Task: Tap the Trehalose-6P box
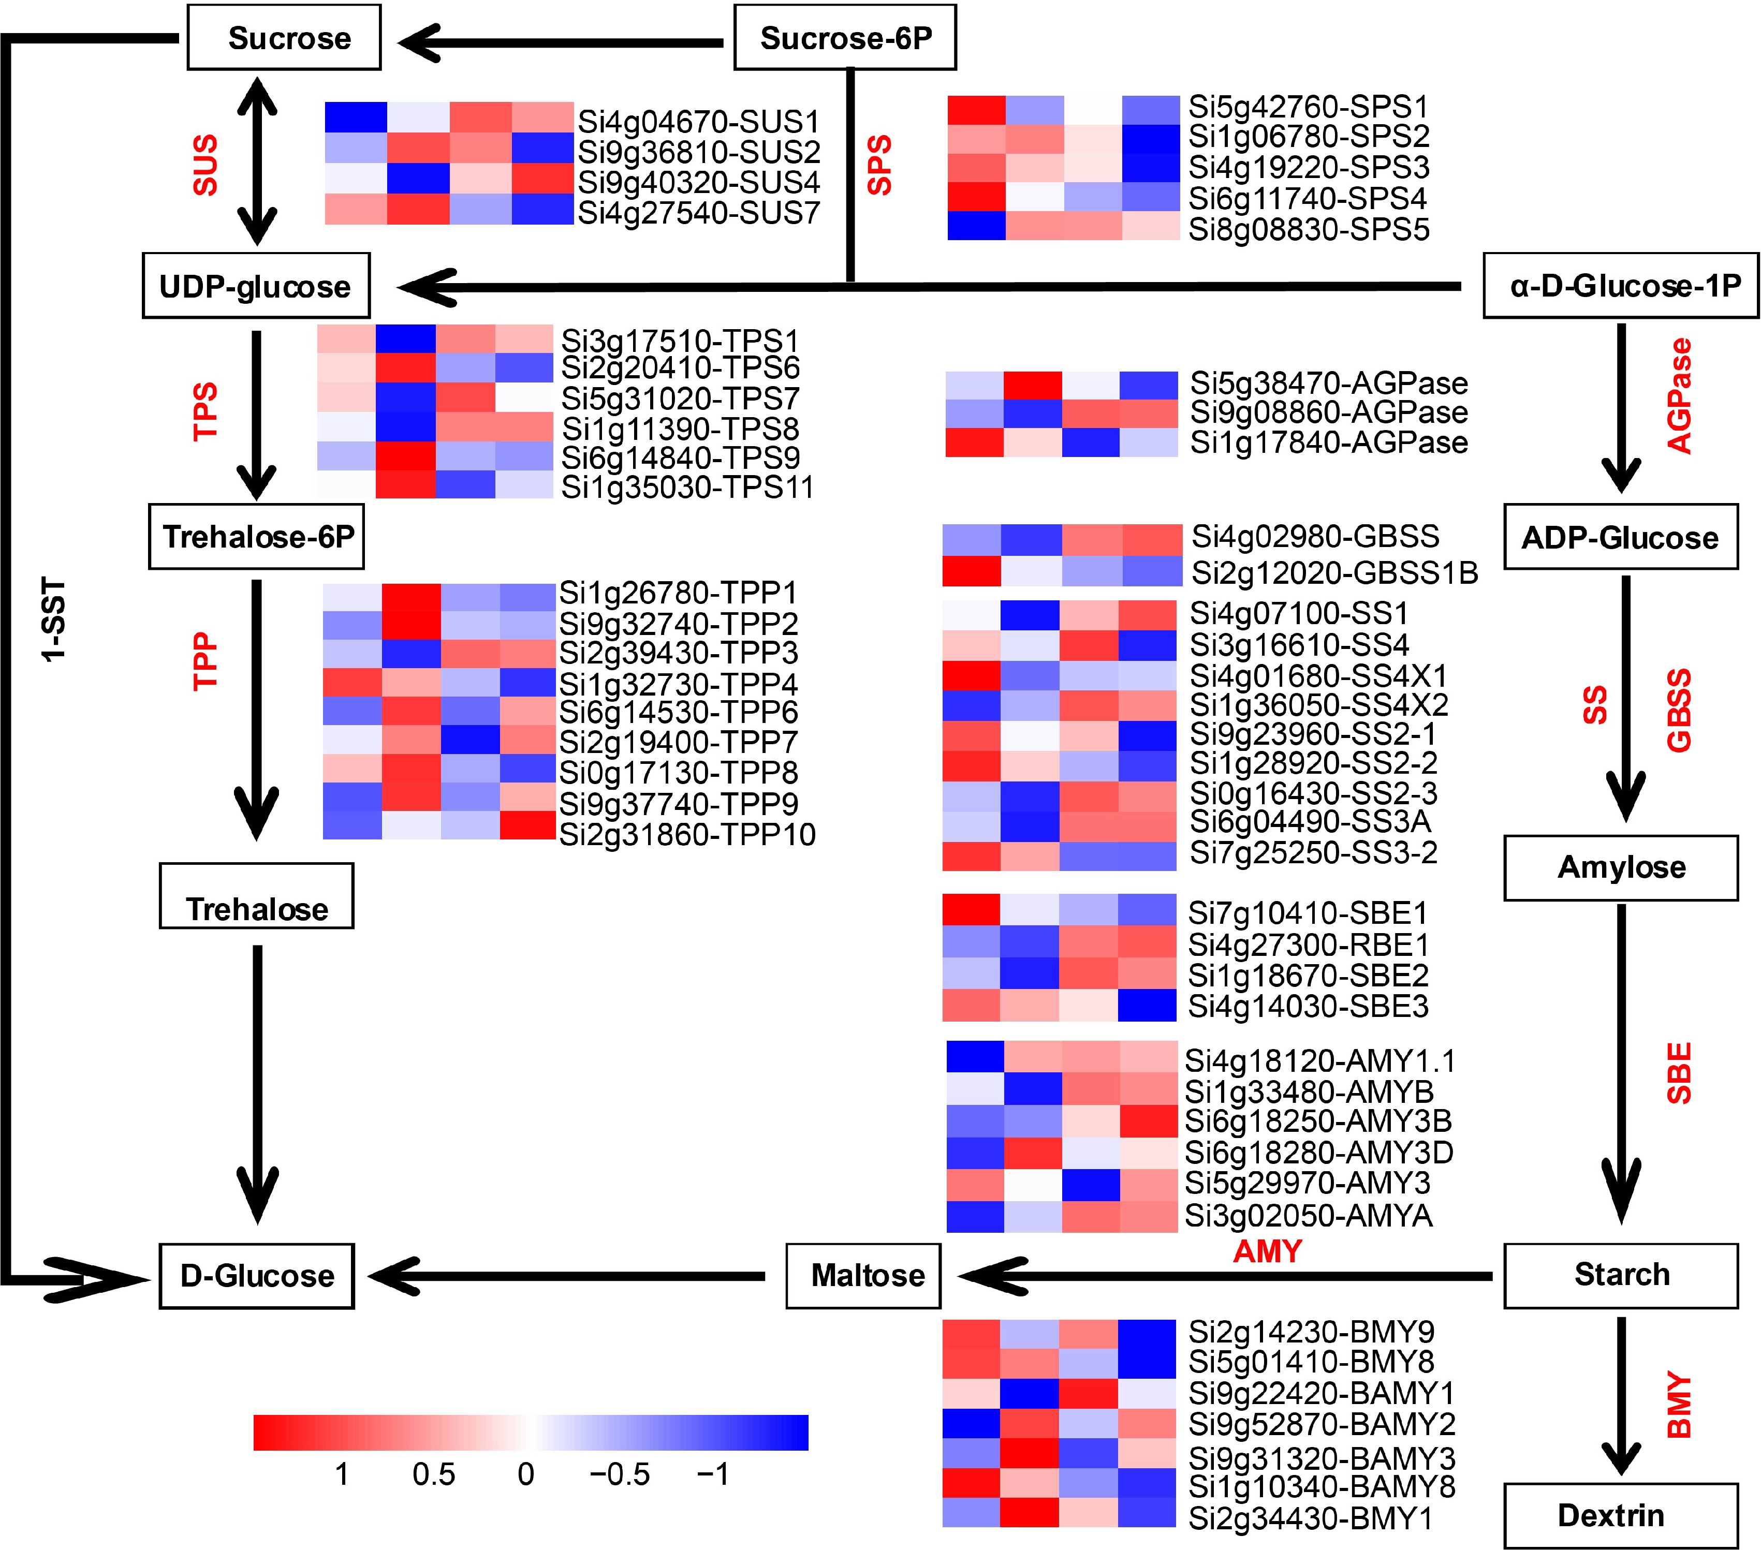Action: pyautogui.click(x=257, y=537)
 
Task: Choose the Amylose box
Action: pyautogui.click(x=1621, y=867)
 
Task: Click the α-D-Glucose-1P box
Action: pyautogui.click(x=1620, y=285)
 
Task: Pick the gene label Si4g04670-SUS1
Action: pyautogui.click(x=698, y=122)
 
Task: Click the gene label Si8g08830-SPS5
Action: pyautogui.click(x=1309, y=229)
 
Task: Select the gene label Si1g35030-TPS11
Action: pyautogui.click(x=687, y=488)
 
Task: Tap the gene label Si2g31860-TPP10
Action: pyautogui.click(x=687, y=834)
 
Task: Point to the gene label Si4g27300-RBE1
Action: pyautogui.click(x=1308, y=945)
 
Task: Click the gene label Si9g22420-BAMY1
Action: pyautogui.click(x=1322, y=1393)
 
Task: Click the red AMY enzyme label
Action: pyautogui.click(x=1267, y=1250)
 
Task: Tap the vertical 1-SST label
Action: pyautogui.click(x=53, y=621)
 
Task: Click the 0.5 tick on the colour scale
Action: pyautogui.click(x=433, y=1474)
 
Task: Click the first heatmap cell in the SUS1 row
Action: pyautogui.click(x=355, y=116)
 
